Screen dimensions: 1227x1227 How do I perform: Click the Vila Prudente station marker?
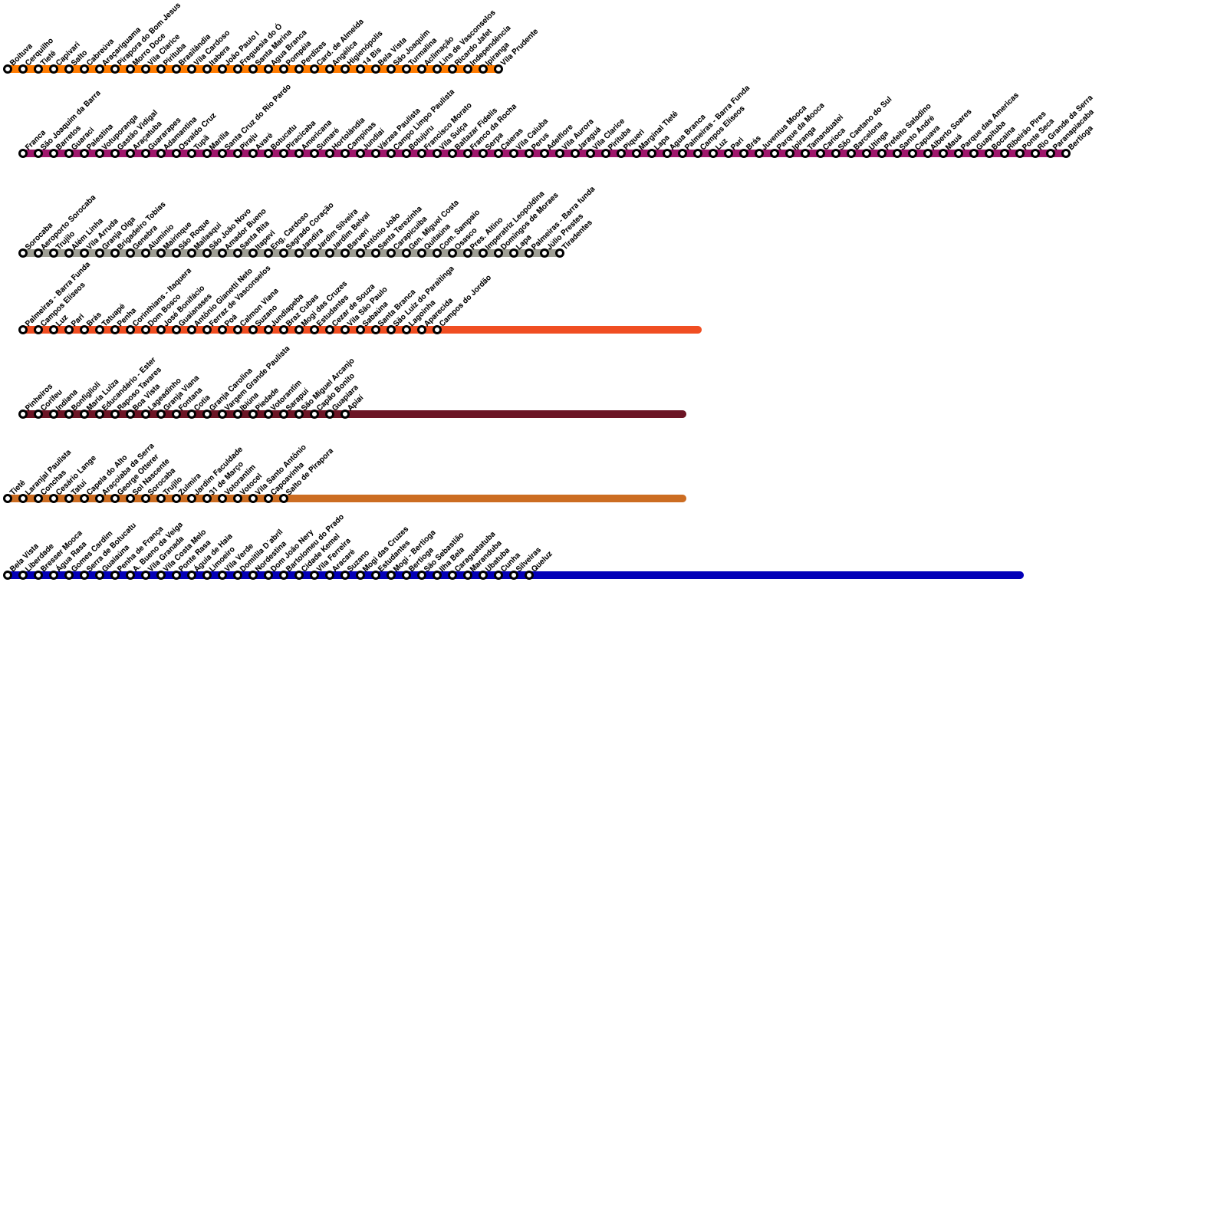point(498,69)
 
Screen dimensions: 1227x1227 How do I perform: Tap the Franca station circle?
point(23,153)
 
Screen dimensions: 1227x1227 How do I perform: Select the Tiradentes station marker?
point(560,253)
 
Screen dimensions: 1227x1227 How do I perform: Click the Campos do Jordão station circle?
point(437,330)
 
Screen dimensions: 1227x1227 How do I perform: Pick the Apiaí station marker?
point(345,414)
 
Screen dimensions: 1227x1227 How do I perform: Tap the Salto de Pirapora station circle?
point(284,498)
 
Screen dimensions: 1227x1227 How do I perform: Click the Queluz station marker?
point(529,575)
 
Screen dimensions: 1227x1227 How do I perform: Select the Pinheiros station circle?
point(23,414)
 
